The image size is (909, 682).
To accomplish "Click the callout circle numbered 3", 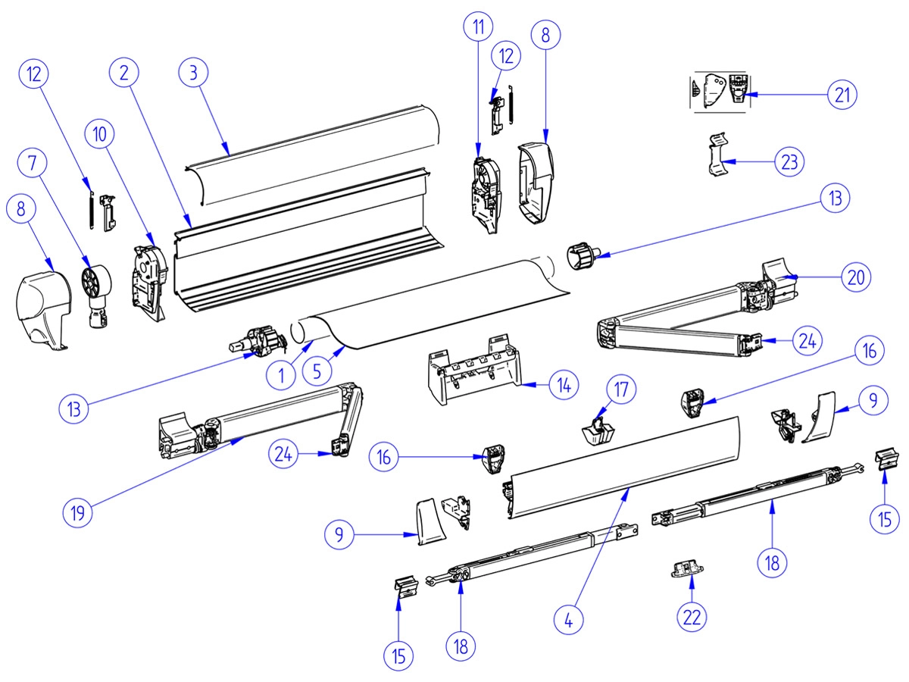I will pos(194,73).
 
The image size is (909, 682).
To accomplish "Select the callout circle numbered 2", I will pos(124,73).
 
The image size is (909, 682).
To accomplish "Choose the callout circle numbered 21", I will pos(841,95).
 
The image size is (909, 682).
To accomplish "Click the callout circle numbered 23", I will pos(788,161).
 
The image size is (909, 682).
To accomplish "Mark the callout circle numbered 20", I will pos(855,277).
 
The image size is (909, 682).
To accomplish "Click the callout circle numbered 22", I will pos(692,616).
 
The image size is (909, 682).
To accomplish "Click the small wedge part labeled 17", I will pos(598,431).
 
